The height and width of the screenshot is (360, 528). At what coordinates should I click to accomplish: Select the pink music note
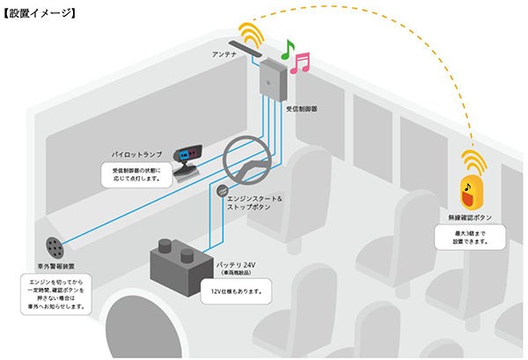pos(302,62)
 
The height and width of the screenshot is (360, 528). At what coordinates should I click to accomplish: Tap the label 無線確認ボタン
pos(472,216)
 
